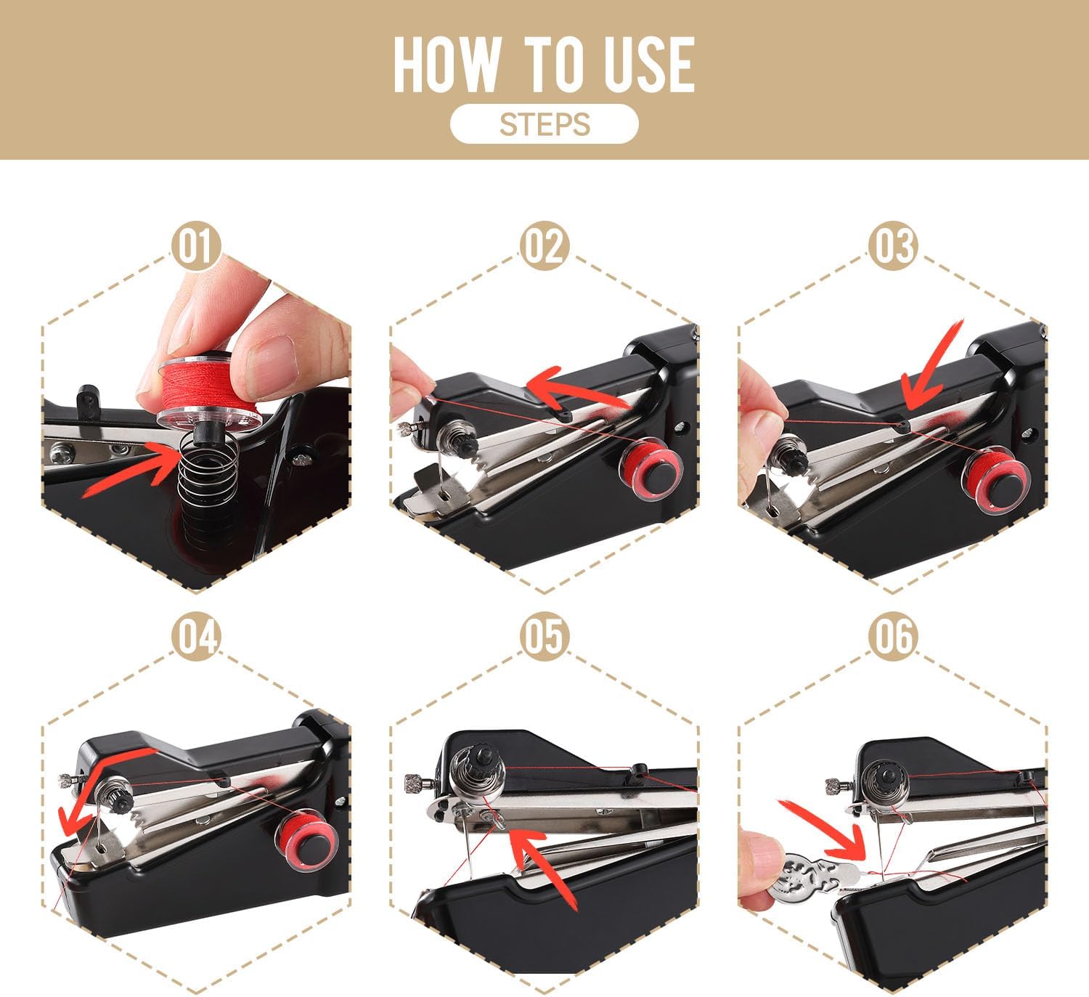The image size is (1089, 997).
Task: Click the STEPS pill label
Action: (544, 124)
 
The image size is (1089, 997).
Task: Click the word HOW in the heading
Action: (446, 65)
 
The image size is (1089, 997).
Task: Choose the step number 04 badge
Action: (196, 637)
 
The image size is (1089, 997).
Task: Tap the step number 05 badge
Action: (544, 637)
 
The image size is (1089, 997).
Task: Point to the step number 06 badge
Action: (893, 637)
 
